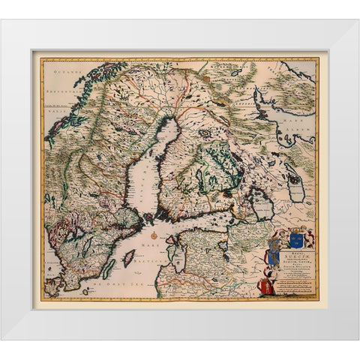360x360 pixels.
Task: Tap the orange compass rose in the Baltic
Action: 155,236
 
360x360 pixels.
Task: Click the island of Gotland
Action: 129,259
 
